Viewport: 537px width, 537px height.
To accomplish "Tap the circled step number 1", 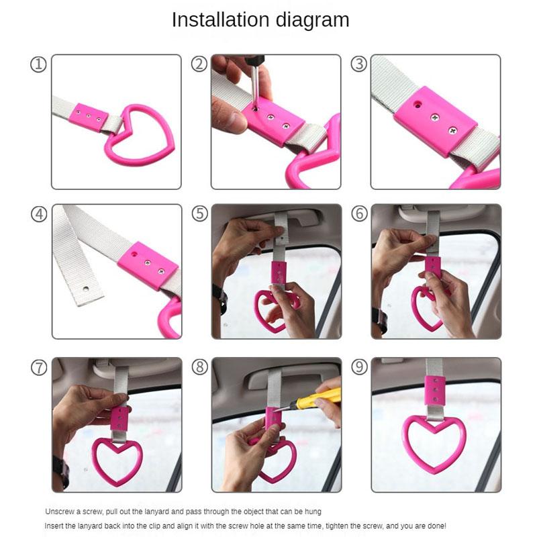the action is tap(38, 64).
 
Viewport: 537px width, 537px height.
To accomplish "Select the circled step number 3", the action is tap(359, 64).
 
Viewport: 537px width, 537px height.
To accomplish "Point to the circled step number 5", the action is tap(199, 213).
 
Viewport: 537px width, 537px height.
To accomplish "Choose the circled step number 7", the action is tap(39, 368).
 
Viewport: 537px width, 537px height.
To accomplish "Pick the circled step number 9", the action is tap(359, 367).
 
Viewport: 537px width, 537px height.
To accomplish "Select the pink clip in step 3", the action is tap(435, 121).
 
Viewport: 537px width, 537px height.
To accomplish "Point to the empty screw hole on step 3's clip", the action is tap(418, 105).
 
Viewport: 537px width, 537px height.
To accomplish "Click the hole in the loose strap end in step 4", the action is tap(86, 289).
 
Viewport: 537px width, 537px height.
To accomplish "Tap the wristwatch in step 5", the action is tap(221, 299).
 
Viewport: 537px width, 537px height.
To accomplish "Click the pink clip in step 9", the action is tap(435, 391).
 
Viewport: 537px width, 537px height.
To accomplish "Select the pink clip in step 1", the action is tap(89, 117).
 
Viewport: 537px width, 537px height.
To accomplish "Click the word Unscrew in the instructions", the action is tap(59, 511).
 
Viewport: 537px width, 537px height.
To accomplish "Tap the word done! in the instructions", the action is tap(436, 526).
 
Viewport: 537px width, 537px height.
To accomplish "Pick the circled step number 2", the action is tap(199, 64).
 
